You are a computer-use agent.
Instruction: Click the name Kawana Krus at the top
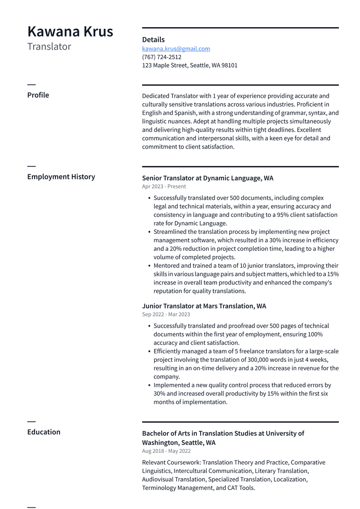pyautogui.click(x=70, y=32)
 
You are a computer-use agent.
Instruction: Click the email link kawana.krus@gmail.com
pyautogui.click(x=176, y=49)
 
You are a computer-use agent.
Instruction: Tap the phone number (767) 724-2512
pyautogui.click(x=162, y=57)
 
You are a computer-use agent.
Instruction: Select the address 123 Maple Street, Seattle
pyautogui.click(x=190, y=66)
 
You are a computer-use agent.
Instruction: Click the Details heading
pyautogui.click(x=153, y=40)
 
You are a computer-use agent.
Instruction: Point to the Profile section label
pyautogui.click(x=38, y=95)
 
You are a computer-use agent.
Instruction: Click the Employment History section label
pyautogui.click(x=61, y=177)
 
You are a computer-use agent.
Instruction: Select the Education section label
pyautogui.click(x=44, y=432)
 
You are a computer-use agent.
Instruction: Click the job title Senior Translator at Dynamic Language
pyautogui.click(x=208, y=178)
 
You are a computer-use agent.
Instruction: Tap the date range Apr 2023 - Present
pyautogui.click(x=164, y=187)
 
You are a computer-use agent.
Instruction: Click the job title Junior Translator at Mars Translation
pyautogui.click(x=204, y=306)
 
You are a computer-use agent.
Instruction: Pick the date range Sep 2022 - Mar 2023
pyautogui.click(x=166, y=314)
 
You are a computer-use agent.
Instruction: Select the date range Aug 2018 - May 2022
pyautogui.click(x=166, y=451)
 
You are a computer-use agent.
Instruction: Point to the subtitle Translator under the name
pyautogui.click(x=49, y=47)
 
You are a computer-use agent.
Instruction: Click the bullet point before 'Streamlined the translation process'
pyautogui.click(x=149, y=232)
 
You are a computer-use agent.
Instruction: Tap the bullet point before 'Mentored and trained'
pyautogui.click(x=149, y=266)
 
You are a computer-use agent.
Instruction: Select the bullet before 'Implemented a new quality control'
pyautogui.click(x=149, y=385)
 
